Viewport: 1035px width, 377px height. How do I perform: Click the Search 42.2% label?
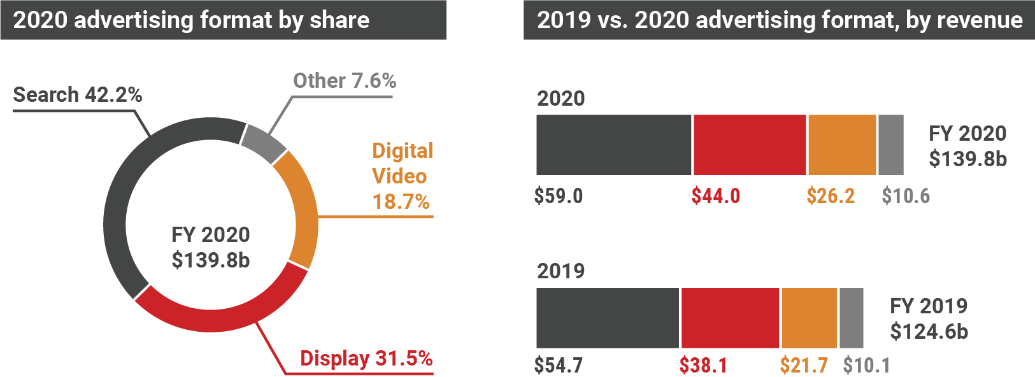(x=77, y=95)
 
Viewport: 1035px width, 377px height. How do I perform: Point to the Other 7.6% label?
(x=344, y=81)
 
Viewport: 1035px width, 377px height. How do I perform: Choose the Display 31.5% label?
(x=366, y=358)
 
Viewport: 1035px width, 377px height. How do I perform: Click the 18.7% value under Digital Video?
(x=401, y=202)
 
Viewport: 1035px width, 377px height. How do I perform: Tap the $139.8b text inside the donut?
(x=210, y=260)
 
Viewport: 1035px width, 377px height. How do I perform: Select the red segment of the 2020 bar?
(x=750, y=145)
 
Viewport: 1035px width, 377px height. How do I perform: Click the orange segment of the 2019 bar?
(x=809, y=318)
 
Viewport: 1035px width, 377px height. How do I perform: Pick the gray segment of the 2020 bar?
(x=891, y=145)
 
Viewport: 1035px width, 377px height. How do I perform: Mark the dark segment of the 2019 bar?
(x=608, y=318)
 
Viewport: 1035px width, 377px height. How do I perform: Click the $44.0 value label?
(x=716, y=196)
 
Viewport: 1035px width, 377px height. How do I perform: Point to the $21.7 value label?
(x=804, y=365)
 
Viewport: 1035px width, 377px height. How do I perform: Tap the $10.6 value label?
(x=906, y=196)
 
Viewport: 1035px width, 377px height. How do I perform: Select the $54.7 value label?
(x=559, y=365)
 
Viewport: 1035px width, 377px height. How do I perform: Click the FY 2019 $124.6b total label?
(x=929, y=318)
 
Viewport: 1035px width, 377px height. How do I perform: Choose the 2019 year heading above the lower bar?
(x=560, y=271)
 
